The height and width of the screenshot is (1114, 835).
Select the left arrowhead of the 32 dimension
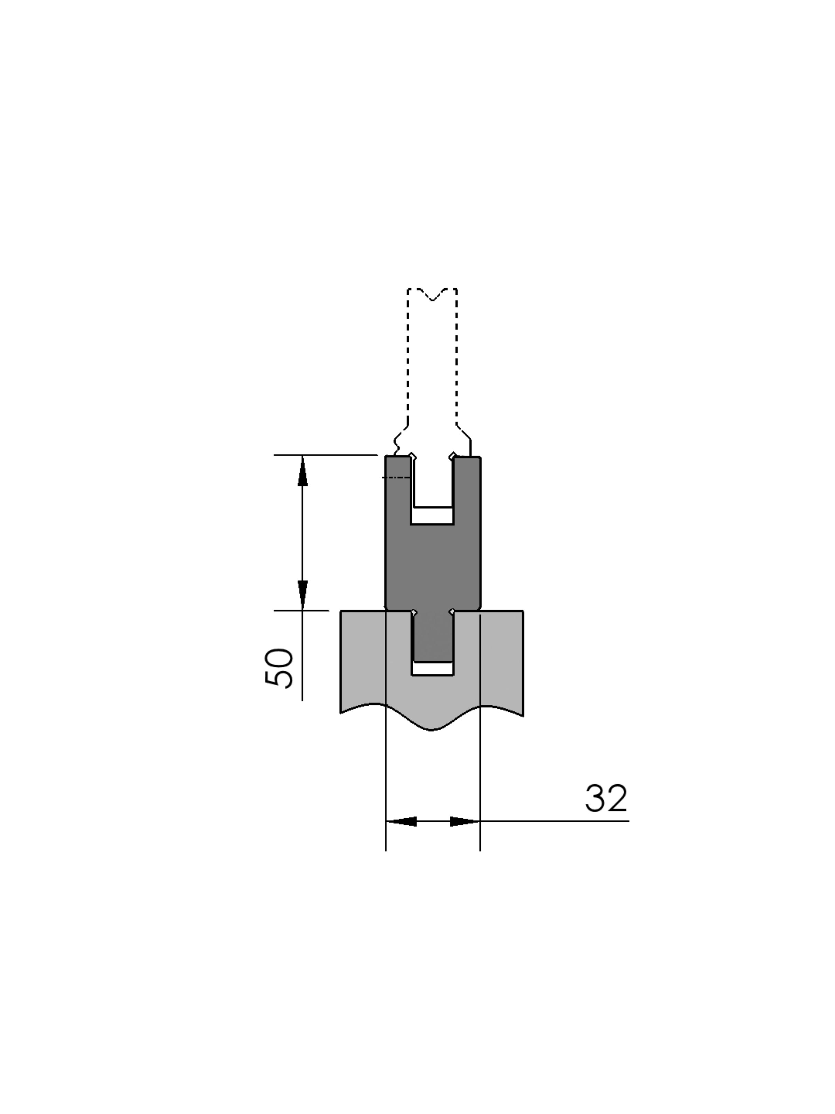coord(401,821)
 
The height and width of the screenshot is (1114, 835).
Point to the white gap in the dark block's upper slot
coord(432,515)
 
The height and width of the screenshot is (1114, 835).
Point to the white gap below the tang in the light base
coord(432,668)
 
